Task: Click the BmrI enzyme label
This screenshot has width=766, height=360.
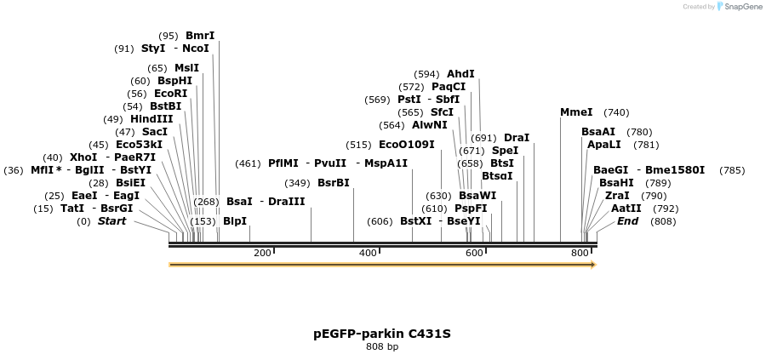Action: [x=200, y=36]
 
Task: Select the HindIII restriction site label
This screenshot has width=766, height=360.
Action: [x=151, y=119]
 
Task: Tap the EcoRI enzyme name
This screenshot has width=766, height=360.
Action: [x=170, y=94]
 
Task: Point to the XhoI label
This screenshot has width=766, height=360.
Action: [x=83, y=157]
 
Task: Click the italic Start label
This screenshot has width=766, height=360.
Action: [x=111, y=221]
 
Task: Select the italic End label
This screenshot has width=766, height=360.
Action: [x=627, y=221]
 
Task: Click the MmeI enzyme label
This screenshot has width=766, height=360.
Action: [x=576, y=112]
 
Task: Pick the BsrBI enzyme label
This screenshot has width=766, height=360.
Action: [x=333, y=183]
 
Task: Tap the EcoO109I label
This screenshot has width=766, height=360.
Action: [x=406, y=145]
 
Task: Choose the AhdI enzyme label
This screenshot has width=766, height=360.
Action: [x=460, y=74]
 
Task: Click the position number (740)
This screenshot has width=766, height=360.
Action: [x=616, y=112]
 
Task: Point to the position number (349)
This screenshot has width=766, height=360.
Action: [x=297, y=183]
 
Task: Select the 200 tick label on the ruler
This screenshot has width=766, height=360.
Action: [x=262, y=254]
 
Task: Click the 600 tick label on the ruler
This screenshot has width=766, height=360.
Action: [x=473, y=254]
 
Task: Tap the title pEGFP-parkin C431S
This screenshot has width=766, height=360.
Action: [x=382, y=334]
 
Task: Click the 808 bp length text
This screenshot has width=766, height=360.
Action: [x=382, y=347]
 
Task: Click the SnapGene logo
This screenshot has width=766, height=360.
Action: [x=738, y=7]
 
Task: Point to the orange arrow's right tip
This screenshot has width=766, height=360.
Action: [x=594, y=265]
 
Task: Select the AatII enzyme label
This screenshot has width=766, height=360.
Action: [x=626, y=209]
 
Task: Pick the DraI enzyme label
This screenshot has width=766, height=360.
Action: [x=517, y=138]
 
